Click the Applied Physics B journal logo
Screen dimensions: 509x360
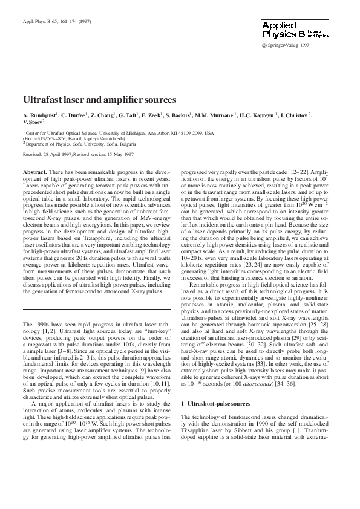(x=294, y=31)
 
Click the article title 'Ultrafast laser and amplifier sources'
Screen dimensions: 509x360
(x=99, y=99)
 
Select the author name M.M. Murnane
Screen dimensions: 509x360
(x=215, y=114)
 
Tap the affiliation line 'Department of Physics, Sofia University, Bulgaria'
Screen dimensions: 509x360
(x=77, y=144)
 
